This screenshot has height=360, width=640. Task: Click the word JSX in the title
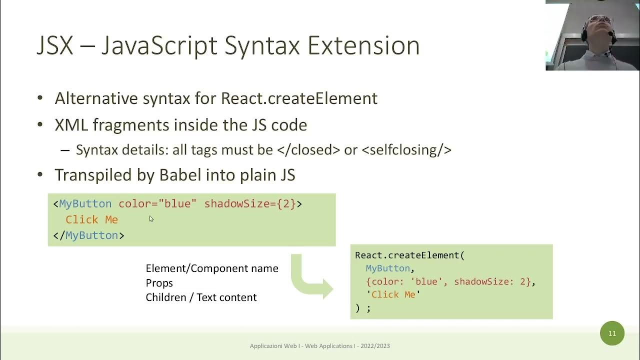pyautogui.click(x=54, y=45)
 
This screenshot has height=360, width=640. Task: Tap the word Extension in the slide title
pyautogui.click(x=363, y=45)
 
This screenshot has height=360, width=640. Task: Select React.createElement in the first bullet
pyautogui.click(x=299, y=98)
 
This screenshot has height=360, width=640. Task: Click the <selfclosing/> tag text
pyautogui.click(x=406, y=149)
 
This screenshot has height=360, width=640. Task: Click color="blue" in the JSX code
pyautogui.click(x=157, y=204)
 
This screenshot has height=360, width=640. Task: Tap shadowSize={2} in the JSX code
pyautogui.click(x=250, y=204)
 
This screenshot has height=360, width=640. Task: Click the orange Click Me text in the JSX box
pyautogui.click(x=91, y=219)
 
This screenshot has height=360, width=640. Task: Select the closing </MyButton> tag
pyautogui.click(x=88, y=235)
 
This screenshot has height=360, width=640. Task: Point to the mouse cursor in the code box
pyautogui.click(x=151, y=218)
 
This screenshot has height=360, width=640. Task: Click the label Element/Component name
pyautogui.click(x=212, y=268)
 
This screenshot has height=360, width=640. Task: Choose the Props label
pyautogui.click(x=159, y=283)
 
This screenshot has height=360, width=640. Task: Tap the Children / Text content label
pyautogui.click(x=201, y=297)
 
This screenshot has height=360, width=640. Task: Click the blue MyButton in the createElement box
pyautogui.click(x=387, y=268)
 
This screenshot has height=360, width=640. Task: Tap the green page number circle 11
pyautogui.click(x=612, y=333)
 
